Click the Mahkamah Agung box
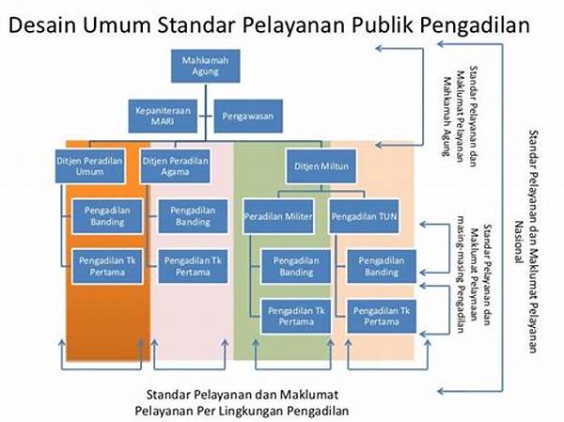click(205, 66)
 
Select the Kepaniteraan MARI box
click(163, 117)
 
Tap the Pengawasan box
click(248, 117)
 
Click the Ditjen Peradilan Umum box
click(90, 166)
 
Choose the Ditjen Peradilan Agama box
click(175, 166)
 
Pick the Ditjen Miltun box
click(321, 166)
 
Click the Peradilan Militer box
click(278, 216)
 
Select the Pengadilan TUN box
click(364, 216)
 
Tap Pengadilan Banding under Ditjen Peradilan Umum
click(107, 216)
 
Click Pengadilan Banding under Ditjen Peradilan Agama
click(193, 216)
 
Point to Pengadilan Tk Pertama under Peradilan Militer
click(296, 316)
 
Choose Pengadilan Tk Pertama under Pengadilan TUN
click(382, 316)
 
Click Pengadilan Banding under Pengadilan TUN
click(382, 266)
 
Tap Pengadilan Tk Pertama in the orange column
click(107, 266)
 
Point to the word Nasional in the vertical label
click(518, 242)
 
